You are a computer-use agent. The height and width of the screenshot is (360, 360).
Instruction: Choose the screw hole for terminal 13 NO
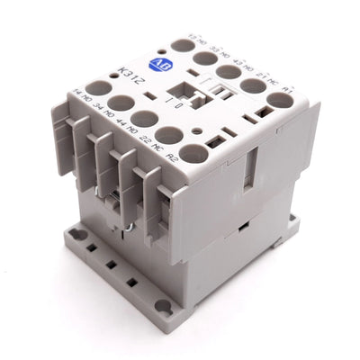point(184,45)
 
